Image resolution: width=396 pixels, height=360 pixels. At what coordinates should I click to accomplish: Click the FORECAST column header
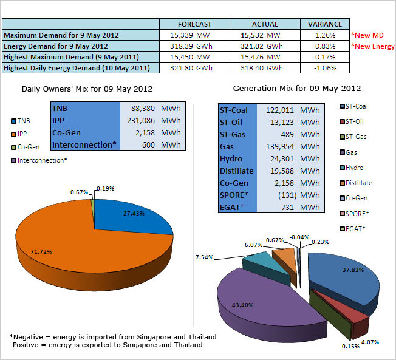pos(195,24)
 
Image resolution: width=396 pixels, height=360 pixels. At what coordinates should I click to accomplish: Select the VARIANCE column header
pos(325,24)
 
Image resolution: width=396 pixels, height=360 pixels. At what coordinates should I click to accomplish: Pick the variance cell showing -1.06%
pos(325,68)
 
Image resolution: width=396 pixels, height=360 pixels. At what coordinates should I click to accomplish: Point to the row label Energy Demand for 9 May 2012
pos(56,46)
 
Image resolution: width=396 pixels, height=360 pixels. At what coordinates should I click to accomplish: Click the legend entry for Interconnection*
pos(40,160)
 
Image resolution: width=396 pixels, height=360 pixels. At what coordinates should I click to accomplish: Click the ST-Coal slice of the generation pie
pos(340,273)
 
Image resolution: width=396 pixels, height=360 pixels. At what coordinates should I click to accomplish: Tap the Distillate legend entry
pos(358,183)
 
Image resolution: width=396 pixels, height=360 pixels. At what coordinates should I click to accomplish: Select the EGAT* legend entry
pos(356,228)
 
